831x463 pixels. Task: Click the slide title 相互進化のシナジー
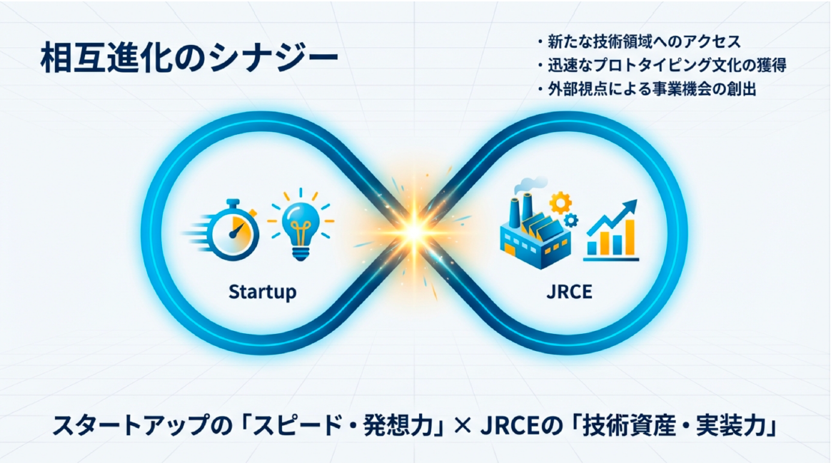click(x=189, y=58)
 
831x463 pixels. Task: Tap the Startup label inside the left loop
click(x=262, y=292)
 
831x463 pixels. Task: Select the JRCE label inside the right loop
click(x=569, y=291)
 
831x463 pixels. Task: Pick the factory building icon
click(x=535, y=230)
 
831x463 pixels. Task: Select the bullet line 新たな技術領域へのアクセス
click(x=639, y=41)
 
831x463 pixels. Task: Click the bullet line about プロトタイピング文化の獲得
click(x=661, y=65)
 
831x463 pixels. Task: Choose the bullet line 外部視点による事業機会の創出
click(x=646, y=89)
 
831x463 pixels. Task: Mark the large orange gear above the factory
click(x=560, y=203)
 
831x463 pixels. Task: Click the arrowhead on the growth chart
click(x=630, y=208)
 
